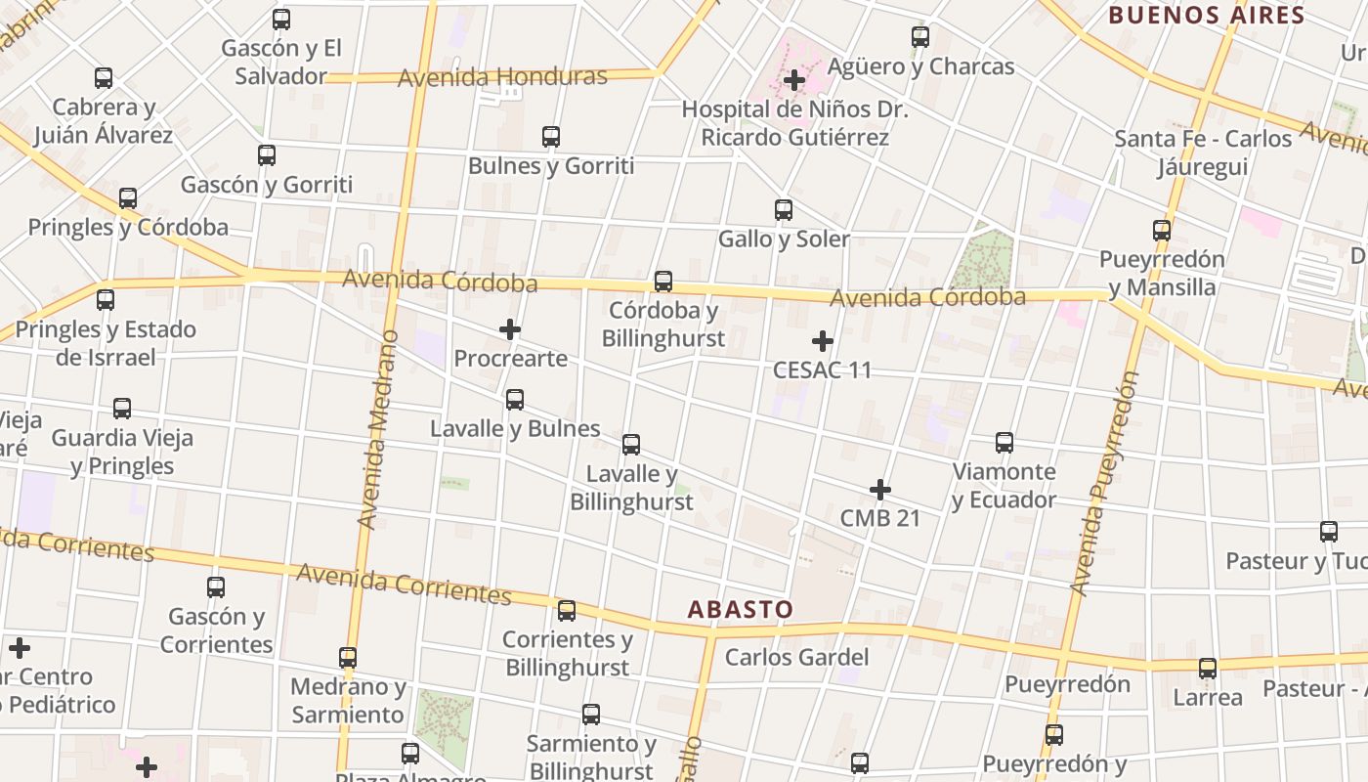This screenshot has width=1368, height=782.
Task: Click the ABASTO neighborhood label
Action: point(740,609)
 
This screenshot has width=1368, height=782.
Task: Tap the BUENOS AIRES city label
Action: point(1207,15)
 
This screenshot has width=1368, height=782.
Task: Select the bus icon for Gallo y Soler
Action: point(784,210)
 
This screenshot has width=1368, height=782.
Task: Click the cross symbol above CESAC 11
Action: point(823,341)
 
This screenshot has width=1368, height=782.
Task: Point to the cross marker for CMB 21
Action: point(880,490)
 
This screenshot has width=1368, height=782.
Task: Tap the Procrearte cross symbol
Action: point(510,330)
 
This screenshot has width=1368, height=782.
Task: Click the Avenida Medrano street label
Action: point(379,430)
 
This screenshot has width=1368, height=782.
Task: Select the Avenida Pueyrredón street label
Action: point(1104,484)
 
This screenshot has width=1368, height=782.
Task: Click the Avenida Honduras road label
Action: point(502,76)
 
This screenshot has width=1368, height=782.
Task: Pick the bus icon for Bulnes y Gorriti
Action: point(551,137)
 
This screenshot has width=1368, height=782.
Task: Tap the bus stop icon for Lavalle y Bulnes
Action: point(515,400)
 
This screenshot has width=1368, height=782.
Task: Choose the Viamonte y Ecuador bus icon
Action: point(1005,443)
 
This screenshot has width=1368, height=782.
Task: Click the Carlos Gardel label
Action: point(796,657)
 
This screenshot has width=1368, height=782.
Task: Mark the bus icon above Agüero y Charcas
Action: point(920,37)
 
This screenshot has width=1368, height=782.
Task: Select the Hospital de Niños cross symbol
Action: point(794,79)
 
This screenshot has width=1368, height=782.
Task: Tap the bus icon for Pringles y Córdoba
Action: point(128,198)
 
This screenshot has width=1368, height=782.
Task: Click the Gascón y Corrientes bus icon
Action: point(216,587)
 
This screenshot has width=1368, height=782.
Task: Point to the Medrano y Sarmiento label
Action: point(348,700)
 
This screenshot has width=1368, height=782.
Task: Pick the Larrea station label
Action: point(1208,697)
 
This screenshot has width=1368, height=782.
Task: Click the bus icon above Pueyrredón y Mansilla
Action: point(1162,231)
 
